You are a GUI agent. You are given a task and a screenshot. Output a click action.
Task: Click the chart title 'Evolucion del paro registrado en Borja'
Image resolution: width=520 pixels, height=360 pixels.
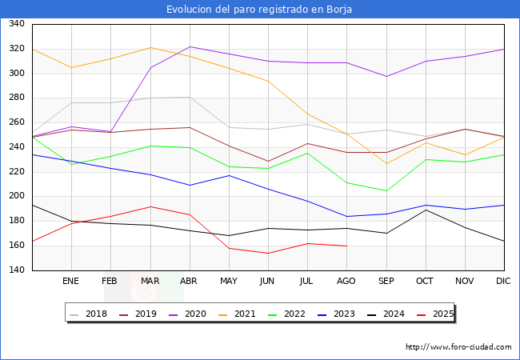click(259, 10)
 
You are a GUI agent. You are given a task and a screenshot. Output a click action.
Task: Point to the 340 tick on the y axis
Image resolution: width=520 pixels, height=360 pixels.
click(16, 24)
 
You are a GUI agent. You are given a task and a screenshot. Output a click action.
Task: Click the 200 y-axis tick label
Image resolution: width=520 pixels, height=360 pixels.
click(16, 197)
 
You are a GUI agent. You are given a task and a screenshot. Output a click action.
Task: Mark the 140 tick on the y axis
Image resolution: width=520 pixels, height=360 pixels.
click(16, 270)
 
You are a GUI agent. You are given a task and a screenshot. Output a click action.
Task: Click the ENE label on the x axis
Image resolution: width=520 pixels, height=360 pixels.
click(71, 282)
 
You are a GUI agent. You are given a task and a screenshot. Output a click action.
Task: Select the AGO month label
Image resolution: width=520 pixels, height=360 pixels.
click(346, 282)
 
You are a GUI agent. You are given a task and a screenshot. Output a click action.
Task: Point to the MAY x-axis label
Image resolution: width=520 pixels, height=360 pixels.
click(229, 282)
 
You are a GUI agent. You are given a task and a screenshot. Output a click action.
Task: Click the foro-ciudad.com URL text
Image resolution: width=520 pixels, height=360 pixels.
click(458, 347)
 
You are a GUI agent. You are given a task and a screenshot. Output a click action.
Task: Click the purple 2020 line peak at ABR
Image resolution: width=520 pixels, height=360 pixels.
click(190, 46)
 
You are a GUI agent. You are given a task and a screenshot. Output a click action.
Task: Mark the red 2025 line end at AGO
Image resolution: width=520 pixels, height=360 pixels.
click(346, 246)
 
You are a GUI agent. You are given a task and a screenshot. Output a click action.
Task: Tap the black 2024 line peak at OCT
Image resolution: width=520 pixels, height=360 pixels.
click(425, 210)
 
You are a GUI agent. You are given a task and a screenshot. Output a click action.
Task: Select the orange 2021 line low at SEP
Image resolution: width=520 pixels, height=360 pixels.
click(386, 164)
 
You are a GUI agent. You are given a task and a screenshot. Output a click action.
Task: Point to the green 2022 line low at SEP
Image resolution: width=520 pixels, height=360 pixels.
click(386, 191)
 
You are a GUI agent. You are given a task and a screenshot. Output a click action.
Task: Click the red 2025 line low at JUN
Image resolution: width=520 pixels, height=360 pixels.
click(268, 253)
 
